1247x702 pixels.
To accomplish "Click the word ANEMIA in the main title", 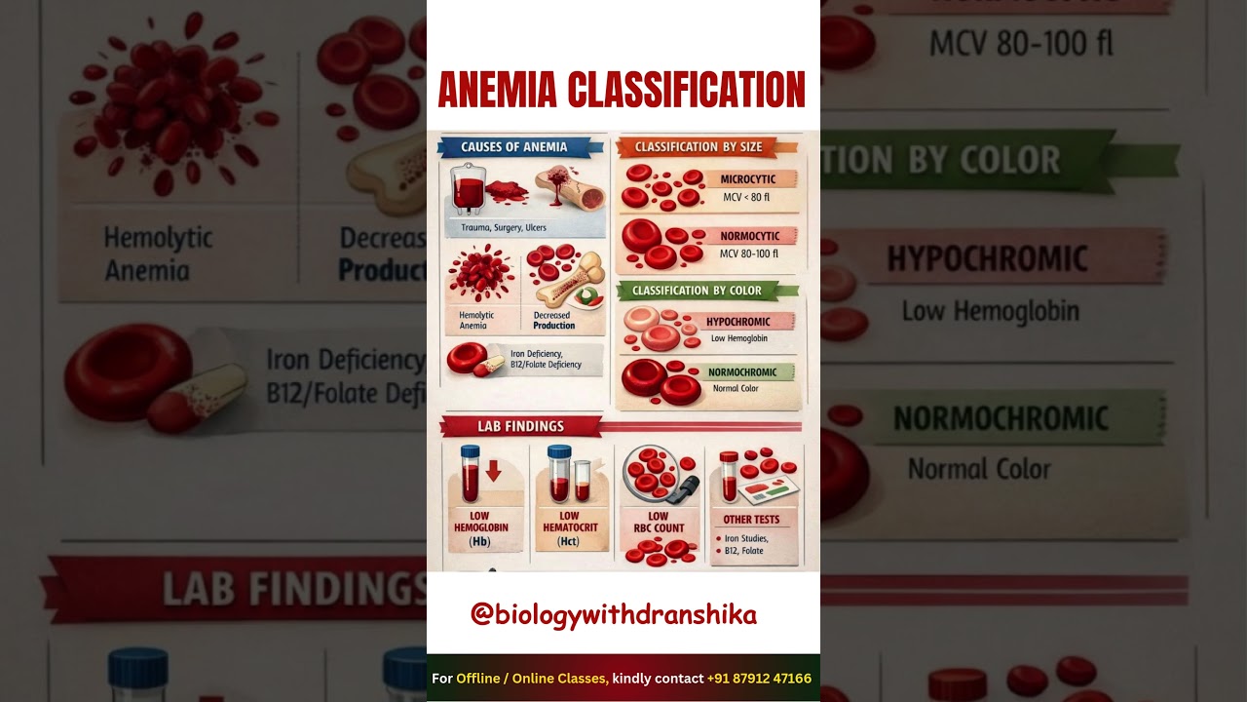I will tap(497, 90).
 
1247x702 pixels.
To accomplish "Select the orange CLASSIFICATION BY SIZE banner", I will tap(698, 147).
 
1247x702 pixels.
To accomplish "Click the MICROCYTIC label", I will tap(748, 179).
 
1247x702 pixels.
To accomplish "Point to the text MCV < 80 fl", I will tap(746, 198).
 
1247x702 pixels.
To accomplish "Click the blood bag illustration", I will tap(468, 190).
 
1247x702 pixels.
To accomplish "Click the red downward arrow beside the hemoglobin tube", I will tap(493, 471).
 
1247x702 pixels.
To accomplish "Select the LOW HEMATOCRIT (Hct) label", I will tap(569, 527).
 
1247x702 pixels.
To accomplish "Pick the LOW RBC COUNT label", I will tap(659, 523).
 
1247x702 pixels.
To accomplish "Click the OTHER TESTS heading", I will tap(751, 520).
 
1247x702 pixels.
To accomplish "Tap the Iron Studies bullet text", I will tap(746, 538).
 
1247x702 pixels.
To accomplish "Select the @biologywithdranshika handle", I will tap(614, 614).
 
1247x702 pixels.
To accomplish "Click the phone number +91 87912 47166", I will tap(759, 679).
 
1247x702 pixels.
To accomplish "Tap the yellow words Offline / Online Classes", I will tap(532, 679).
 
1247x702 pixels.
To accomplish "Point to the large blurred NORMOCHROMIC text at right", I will tap(1001, 419).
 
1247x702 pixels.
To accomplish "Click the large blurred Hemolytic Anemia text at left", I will tap(158, 253).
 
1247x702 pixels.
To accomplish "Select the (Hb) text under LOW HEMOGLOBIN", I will tap(479, 542).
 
